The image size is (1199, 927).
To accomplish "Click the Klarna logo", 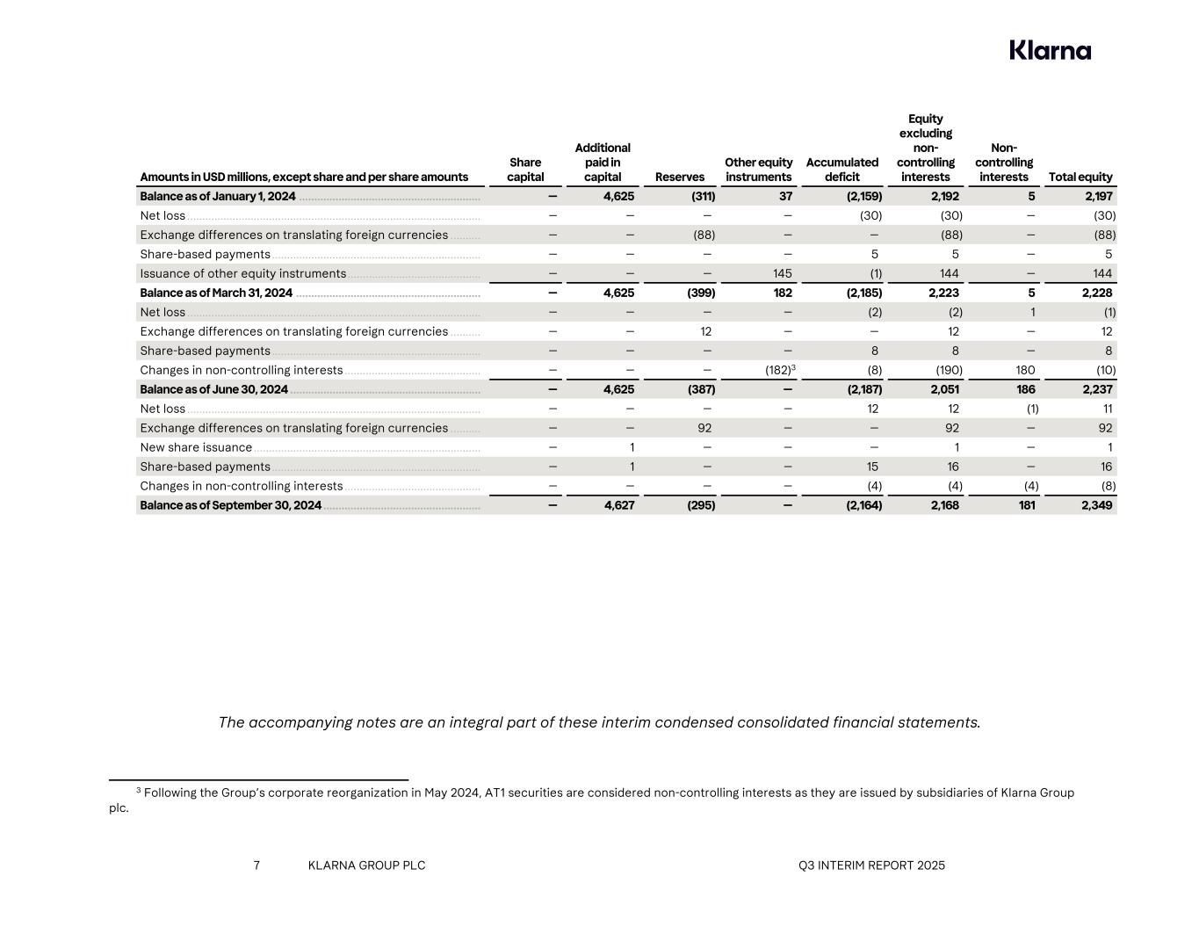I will [x=1050, y=50].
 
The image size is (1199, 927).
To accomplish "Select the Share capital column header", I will [x=525, y=170].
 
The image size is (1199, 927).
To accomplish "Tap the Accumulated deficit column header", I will [x=841, y=170].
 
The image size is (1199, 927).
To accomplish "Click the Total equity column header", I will [x=1080, y=177].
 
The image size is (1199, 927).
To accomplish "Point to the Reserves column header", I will [x=680, y=177].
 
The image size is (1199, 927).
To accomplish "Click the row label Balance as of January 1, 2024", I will [x=218, y=196].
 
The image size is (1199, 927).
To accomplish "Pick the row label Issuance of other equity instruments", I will [x=242, y=273].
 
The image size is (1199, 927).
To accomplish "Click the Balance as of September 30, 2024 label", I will [x=230, y=505].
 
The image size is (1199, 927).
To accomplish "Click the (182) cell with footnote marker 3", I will [x=780, y=370].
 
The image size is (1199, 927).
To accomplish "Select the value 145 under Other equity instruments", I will [x=782, y=273].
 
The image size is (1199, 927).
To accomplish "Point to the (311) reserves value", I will [x=703, y=196].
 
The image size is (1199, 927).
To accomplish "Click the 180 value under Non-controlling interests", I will [x=1025, y=370].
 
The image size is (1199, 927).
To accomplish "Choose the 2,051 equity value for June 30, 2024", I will [x=944, y=389].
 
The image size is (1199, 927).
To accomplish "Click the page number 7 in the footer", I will [x=256, y=865].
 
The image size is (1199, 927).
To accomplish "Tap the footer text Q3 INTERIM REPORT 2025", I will [x=871, y=865].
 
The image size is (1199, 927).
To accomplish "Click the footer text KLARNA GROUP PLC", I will [x=366, y=865].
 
